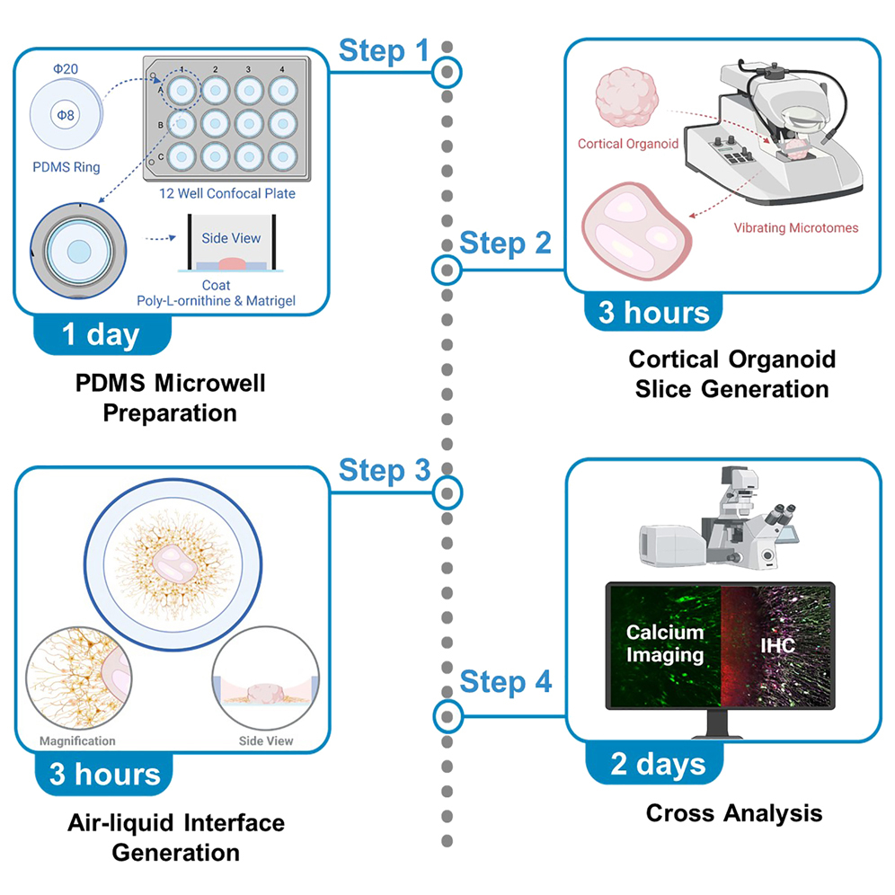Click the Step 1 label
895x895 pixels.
coord(384,51)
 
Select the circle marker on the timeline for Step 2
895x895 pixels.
coord(446,269)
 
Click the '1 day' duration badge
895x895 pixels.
coord(101,334)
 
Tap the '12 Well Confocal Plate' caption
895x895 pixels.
coord(224,191)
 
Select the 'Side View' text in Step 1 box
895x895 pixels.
coord(231,237)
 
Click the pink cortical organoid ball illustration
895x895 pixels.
coord(626,99)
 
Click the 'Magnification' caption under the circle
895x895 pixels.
coord(77,741)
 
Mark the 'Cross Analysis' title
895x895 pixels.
coord(733,813)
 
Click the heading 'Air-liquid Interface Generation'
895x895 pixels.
coord(176,836)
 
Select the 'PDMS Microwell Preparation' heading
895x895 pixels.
coord(170,399)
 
